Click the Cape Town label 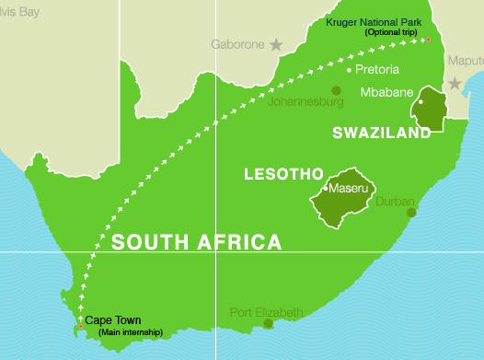113,320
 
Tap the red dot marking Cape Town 81,326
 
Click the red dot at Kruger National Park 428,39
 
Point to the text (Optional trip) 391,32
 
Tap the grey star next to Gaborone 276,44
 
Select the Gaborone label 238,44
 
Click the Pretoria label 379,69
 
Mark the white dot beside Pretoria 349,69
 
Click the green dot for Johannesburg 337,90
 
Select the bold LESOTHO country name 282,173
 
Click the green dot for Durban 411,213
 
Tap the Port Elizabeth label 266,312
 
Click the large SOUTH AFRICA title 196,243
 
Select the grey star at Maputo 453,82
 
